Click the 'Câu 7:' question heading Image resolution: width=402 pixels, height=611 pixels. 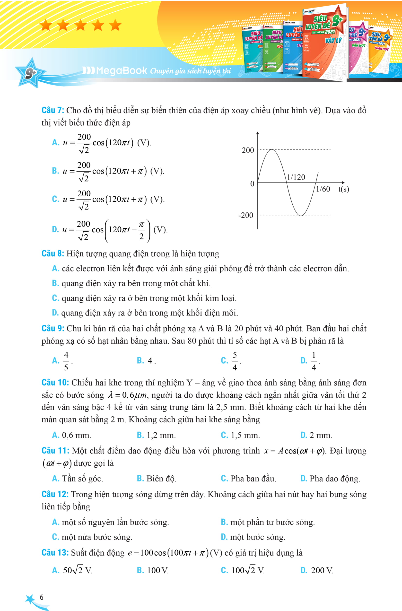(x=53, y=110)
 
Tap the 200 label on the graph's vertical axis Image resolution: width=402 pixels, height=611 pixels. (x=248, y=150)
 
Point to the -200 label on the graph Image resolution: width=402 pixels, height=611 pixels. (x=246, y=215)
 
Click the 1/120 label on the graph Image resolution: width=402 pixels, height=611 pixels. (x=296, y=177)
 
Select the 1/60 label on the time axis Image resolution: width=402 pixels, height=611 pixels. (x=323, y=189)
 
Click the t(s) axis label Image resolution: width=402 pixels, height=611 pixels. (x=343, y=189)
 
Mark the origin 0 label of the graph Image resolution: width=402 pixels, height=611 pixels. (x=252, y=184)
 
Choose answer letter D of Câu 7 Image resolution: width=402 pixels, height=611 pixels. (x=55, y=229)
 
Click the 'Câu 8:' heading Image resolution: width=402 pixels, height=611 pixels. (x=53, y=253)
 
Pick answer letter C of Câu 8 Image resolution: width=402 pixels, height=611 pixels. (x=55, y=298)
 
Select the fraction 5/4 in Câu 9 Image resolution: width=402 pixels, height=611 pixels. (x=235, y=361)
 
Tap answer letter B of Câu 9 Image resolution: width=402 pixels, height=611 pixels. (x=140, y=360)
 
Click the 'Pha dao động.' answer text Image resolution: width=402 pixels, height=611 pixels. (x=335, y=479)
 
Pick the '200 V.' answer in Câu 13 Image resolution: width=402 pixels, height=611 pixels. (x=322, y=570)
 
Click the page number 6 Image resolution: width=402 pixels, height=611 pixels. (x=42, y=597)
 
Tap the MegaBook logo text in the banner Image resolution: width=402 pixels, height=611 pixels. (x=121, y=70)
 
